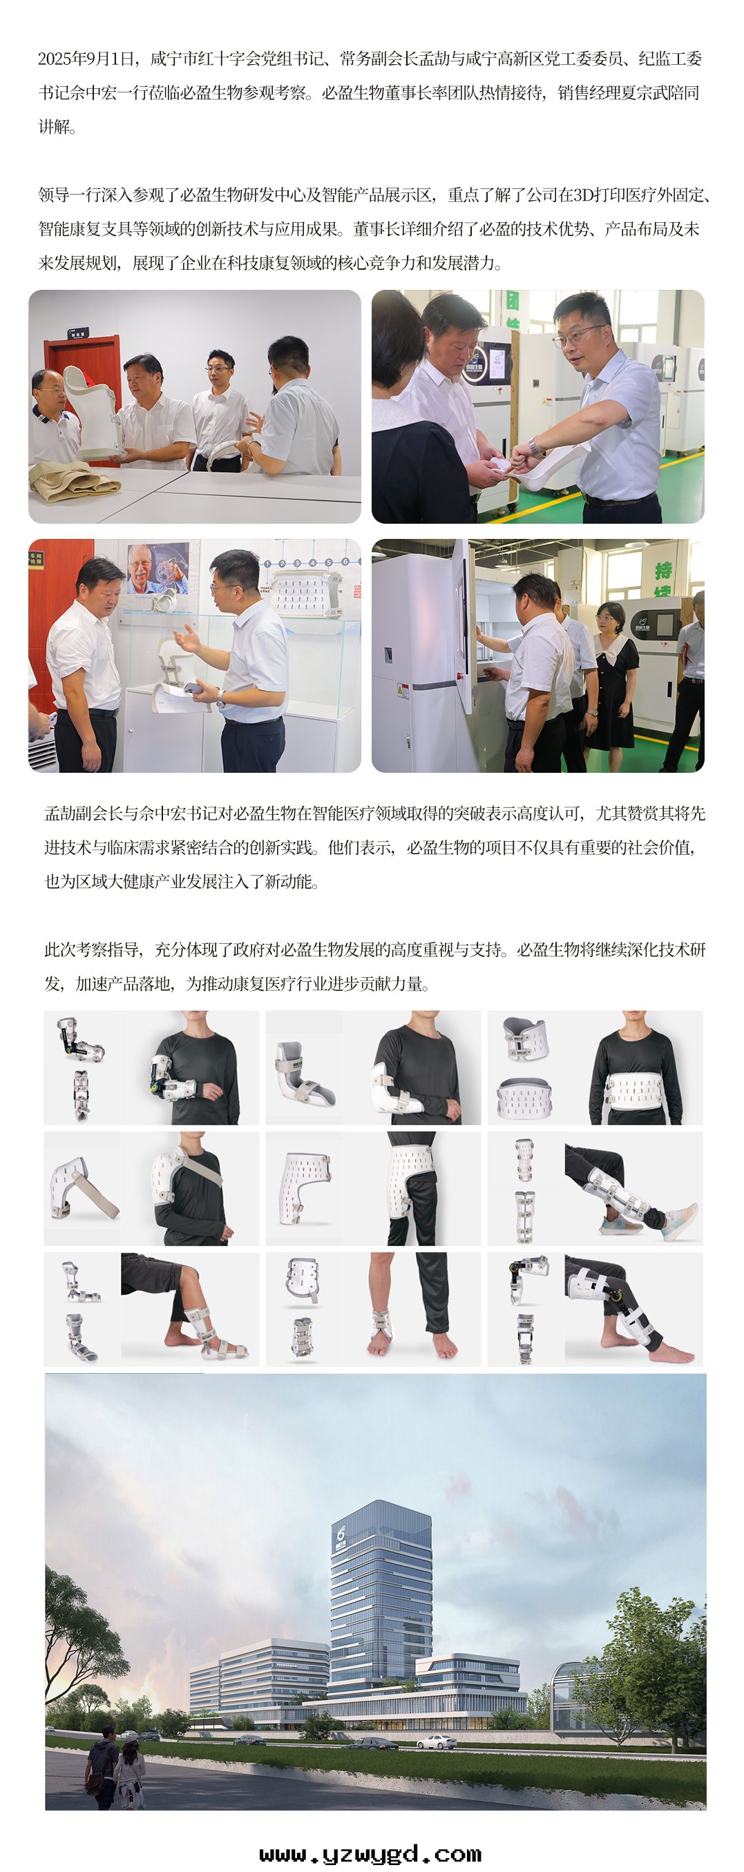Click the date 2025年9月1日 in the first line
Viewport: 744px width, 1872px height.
tap(86, 59)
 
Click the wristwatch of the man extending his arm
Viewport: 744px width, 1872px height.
tap(536, 448)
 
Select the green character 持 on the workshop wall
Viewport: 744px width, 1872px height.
tap(663, 571)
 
